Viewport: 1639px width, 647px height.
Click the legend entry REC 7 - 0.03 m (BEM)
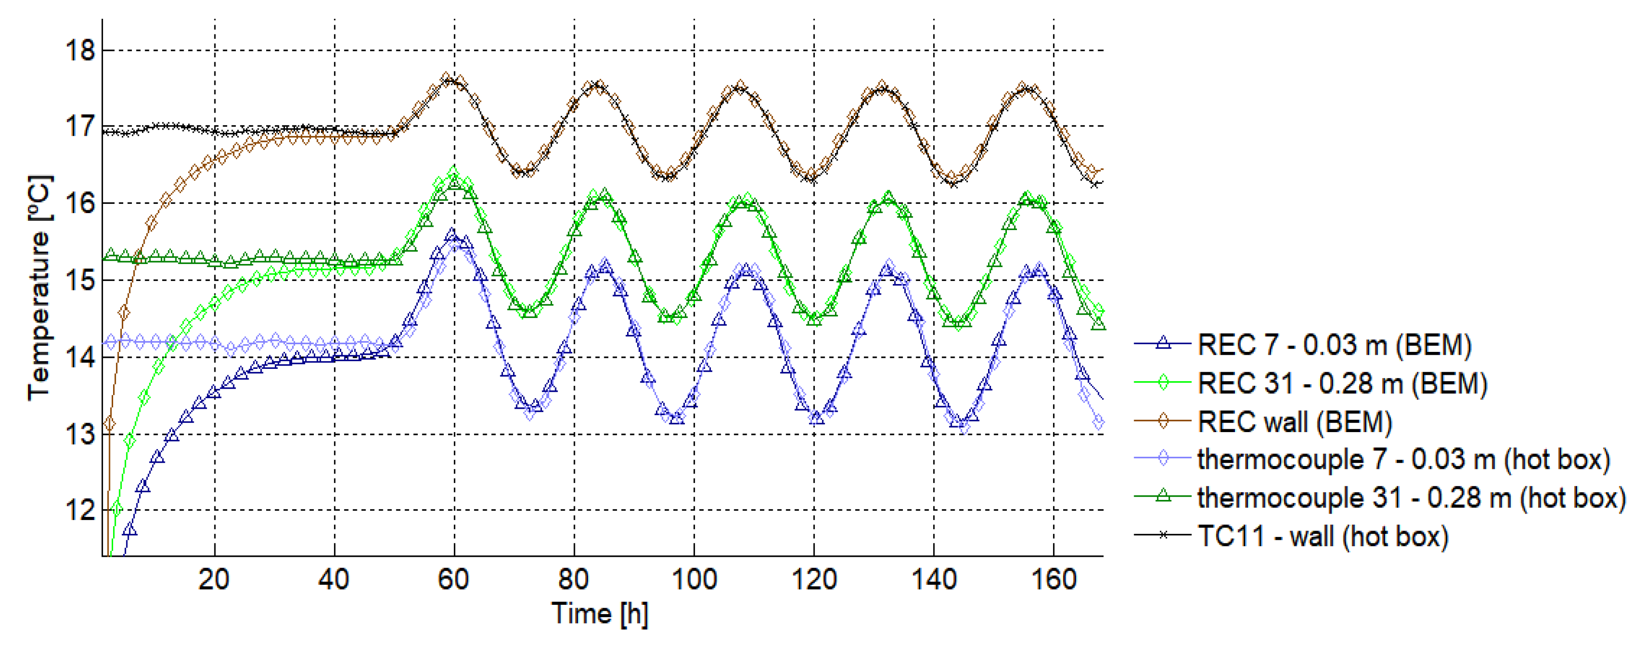pyautogui.click(x=1334, y=345)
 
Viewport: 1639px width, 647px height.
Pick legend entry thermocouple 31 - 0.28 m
pyautogui.click(x=1410, y=498)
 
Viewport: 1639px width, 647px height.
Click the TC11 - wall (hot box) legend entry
pyautogui.click(x=1322, y=536)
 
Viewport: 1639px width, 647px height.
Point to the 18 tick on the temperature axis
pyautogui.click(x=80, y=50)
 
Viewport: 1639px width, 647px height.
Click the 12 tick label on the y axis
pyautogui.click(x=80, y=510)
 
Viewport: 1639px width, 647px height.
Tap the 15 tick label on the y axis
pyautogui.click(x=80, y=280)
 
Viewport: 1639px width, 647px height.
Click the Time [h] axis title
pyautogui.click(x=599, y=614)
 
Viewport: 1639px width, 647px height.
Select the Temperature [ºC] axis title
pyautogui.click(x=39, y=288)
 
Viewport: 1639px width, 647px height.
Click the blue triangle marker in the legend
pyautogui.click(x=1163, y=344)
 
